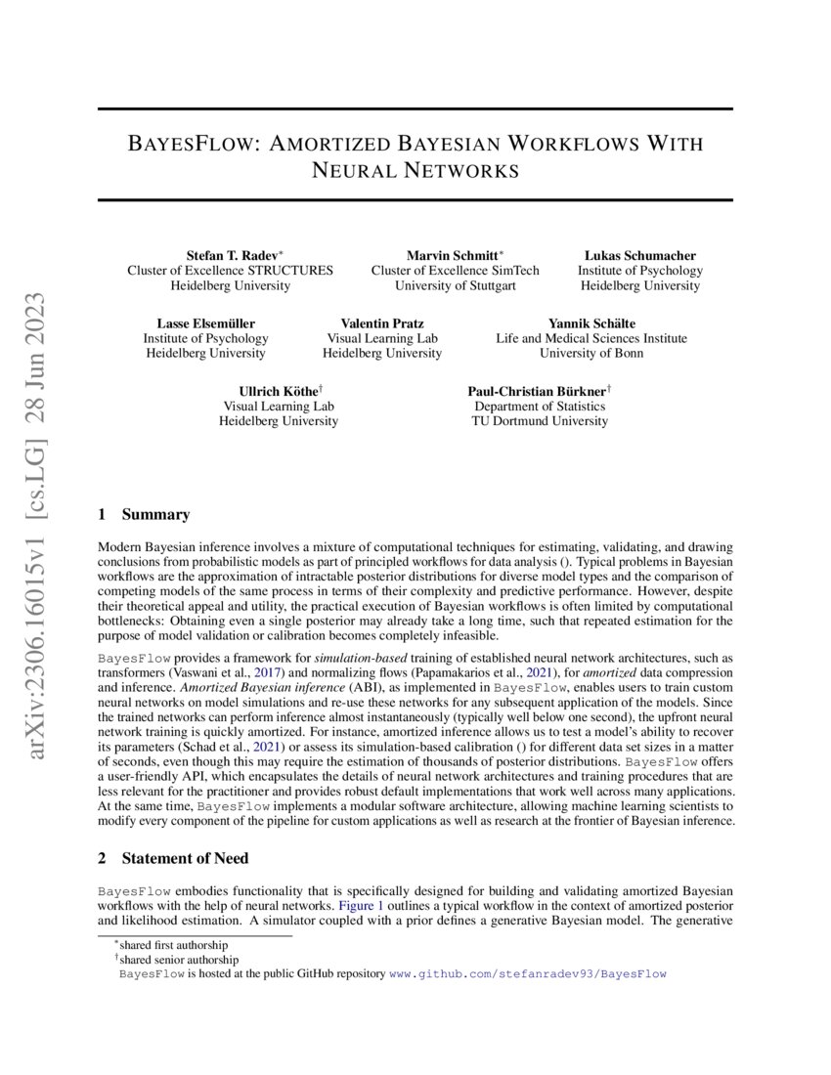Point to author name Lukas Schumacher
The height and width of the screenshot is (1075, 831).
(x=639, y=255)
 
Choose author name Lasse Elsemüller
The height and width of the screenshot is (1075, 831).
(x=205, y=323)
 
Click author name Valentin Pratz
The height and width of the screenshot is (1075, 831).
(x=382, y=323)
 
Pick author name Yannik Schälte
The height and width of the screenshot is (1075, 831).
(x=590, y=323)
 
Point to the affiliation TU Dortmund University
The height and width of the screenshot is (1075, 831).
(x=540, y=421)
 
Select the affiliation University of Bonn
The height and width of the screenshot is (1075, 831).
(x=591, y=353)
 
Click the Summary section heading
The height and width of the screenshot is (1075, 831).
(x=155, y=515)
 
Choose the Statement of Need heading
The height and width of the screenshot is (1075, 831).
(x=185, y=858)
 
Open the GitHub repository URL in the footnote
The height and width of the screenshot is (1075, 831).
(x=528, y=973)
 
